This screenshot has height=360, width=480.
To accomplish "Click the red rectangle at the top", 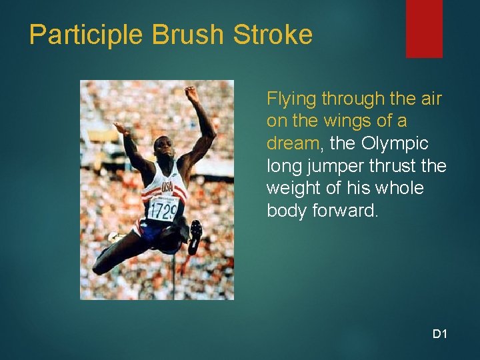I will (x=424, y=28).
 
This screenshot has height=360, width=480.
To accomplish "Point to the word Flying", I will (x=291, y=99).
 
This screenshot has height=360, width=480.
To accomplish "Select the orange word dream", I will (x=290, y=144).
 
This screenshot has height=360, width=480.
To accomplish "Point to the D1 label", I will (x=439, y=333).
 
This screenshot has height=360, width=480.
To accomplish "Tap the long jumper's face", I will (x=163, y=149).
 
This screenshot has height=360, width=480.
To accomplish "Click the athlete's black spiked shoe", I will (x=195, y=235).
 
